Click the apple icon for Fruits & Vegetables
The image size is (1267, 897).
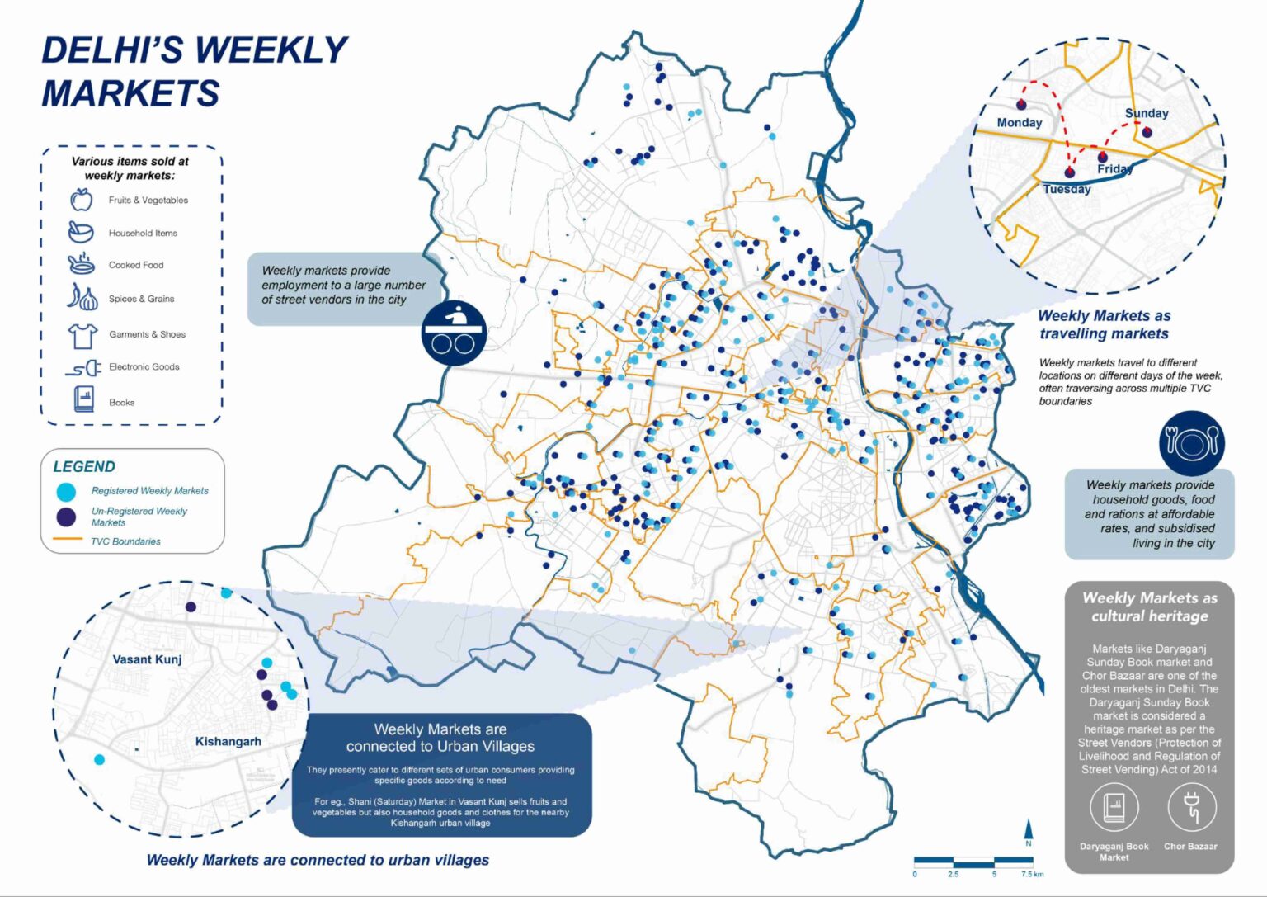click(81, 200)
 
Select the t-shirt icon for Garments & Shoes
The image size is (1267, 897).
click(82, 334)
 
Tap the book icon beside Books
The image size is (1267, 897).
click(83, 399)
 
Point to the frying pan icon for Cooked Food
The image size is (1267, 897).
click(81, 265)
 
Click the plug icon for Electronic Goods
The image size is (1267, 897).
click(83, 367)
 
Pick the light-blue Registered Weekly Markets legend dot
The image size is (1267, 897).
click(66, 492)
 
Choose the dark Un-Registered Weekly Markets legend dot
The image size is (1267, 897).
click(66, 517)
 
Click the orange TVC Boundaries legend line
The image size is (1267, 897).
click(67, 541)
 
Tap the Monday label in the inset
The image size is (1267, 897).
click(1019, 123)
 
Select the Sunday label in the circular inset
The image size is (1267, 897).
click(1146, 113)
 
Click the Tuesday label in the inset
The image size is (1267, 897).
click(1066, 190)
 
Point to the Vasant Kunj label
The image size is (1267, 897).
click(147, 659)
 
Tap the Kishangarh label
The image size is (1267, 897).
click(228, 741)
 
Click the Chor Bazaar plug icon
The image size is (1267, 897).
click(1190, 807)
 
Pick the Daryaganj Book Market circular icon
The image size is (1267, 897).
click(1114, 807)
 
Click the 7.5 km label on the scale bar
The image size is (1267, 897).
click(1031, 874)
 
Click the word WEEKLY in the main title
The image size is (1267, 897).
click(271, 51)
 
